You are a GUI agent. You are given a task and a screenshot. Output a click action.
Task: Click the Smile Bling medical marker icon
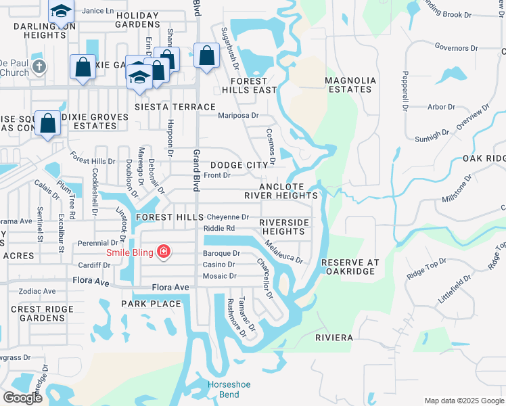(x=163, y=252)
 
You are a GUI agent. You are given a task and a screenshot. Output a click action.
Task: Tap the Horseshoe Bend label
(x=229, y=389)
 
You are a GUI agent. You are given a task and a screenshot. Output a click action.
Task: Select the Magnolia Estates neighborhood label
(x=350, y=85)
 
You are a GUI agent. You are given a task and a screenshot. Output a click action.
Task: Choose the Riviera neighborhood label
(x=334, y=336)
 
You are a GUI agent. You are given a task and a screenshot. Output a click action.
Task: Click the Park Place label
(x=152, y=304)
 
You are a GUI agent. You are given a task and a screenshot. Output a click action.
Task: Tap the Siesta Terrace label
(x=175, y=107)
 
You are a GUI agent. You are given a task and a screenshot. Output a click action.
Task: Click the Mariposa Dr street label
(x=238, y=115)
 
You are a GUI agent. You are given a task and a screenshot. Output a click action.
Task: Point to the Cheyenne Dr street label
(x=228, y=217)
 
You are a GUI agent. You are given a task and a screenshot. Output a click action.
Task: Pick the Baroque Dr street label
(x=222, y=253)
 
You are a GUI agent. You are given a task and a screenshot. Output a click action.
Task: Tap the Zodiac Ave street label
(x=38, y=291)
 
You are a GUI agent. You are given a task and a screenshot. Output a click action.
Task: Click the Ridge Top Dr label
(x=426, y=269)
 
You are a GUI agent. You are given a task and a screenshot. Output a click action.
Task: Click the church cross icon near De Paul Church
(x=40, y=66)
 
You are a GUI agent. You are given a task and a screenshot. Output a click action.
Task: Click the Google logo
(x=22, y=398)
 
